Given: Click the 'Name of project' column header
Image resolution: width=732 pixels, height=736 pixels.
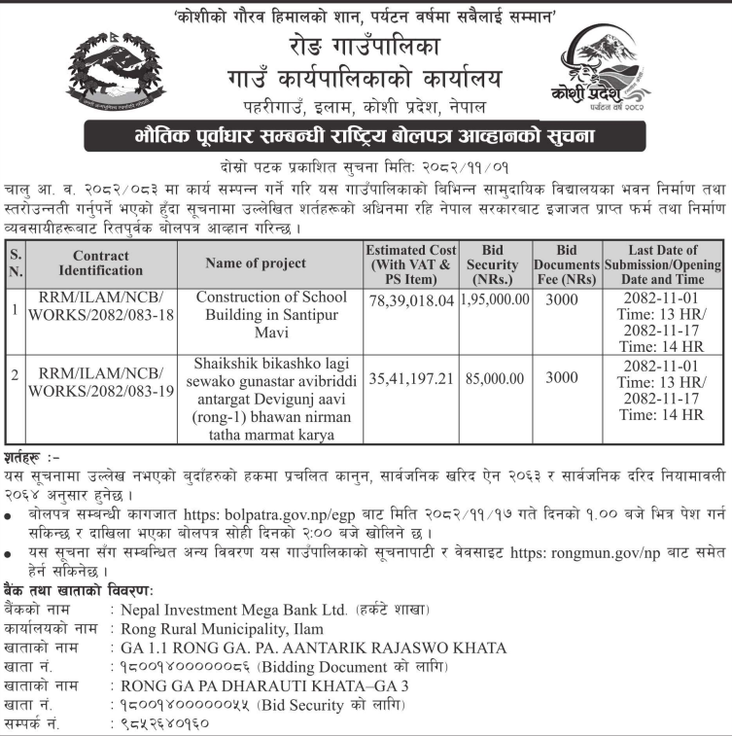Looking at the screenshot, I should point(256,263).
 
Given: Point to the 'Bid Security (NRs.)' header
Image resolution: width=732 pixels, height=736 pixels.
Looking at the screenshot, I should point(495,263).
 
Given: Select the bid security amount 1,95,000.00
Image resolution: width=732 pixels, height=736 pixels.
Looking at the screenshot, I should point(495,300).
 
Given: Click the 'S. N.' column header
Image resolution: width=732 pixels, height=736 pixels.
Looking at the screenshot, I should point(14,263).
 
